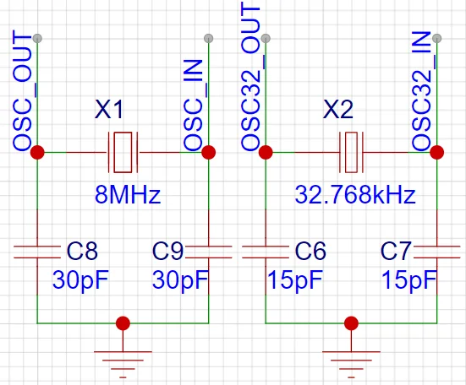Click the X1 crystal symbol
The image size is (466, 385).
(x=123, y=153)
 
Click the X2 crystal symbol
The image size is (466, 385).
(x=351, y=153)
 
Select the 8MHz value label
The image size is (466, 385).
(x=127, y=196)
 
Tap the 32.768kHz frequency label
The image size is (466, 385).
(x=354, y=196)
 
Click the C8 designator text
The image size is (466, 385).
(x=82, y=251)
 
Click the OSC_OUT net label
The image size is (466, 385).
(x=23, y=92)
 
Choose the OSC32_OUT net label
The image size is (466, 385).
(x=251, y=78)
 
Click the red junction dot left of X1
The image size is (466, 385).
(x=37, y=153)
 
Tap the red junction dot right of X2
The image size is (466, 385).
(x=436, y=153)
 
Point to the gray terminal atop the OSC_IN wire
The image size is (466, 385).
(x=209, y=38)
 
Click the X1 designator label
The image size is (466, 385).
(x=112, y=111)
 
